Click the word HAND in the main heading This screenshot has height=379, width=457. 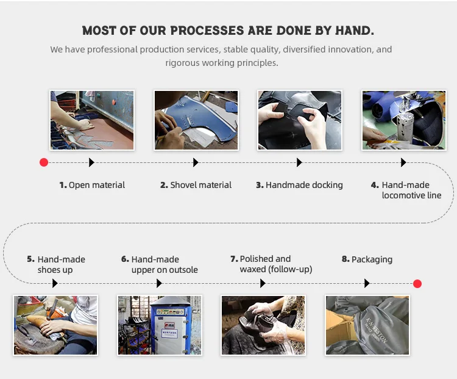[x=353, y=31]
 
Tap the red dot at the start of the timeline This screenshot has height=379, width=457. [x=44, y=162]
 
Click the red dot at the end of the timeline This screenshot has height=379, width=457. [x=417, y=284]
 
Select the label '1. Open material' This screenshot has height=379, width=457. [x=92, y=185]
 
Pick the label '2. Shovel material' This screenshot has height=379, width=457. [x=196, y=185]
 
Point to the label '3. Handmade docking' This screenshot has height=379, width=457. [x=299, y=185]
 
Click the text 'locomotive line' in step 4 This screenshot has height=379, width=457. [x=411, y=195]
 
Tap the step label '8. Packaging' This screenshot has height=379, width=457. [x=367, y=259]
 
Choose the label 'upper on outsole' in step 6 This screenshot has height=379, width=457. [x=165, y=270]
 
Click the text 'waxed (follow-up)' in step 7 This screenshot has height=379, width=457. [x=275, y=269]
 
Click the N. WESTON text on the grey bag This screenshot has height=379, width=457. [x=377, y=330]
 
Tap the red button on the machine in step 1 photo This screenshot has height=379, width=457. [x=114, y=102]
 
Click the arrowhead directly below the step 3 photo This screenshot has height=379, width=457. [x=299, y=162]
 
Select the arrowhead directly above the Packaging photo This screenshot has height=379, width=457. [x=367, y=283]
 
